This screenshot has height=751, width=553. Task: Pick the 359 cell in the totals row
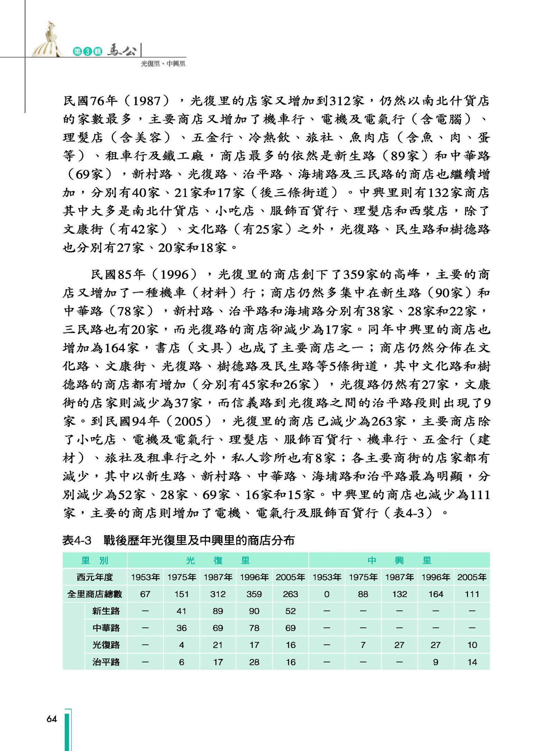point(254,594)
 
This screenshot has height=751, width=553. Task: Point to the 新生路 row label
point(106,611)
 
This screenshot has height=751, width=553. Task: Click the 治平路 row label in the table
point(106,662)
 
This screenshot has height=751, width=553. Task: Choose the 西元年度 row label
point(95,577)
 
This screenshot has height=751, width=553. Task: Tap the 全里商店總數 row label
point(95,594)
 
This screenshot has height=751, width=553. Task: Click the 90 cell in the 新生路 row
point(254,611)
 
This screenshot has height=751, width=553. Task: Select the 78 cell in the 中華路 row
point(254,628)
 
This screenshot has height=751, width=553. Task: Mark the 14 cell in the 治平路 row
point(472,662)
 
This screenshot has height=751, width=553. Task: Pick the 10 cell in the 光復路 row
point(472,645)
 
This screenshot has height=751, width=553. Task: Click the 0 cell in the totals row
point(327,594)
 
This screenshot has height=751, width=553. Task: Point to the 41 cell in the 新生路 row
point(181,611)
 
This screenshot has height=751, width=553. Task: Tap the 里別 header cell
point(95,560)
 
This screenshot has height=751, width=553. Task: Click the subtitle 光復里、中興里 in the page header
point(163,64)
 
